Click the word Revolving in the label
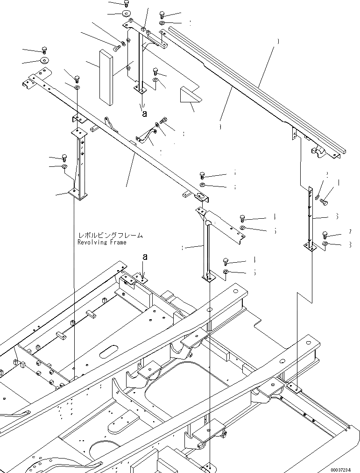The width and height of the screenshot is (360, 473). tap(92, 243)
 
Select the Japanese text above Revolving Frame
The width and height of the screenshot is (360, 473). tap(111, 236)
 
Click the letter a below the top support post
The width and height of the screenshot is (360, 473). tap(144, 113)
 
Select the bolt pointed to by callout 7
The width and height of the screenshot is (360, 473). tap(325, 234)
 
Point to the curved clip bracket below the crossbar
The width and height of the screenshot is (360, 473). tap(146, 136)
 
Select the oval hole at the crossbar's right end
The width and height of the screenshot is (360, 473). tap(201, 195)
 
